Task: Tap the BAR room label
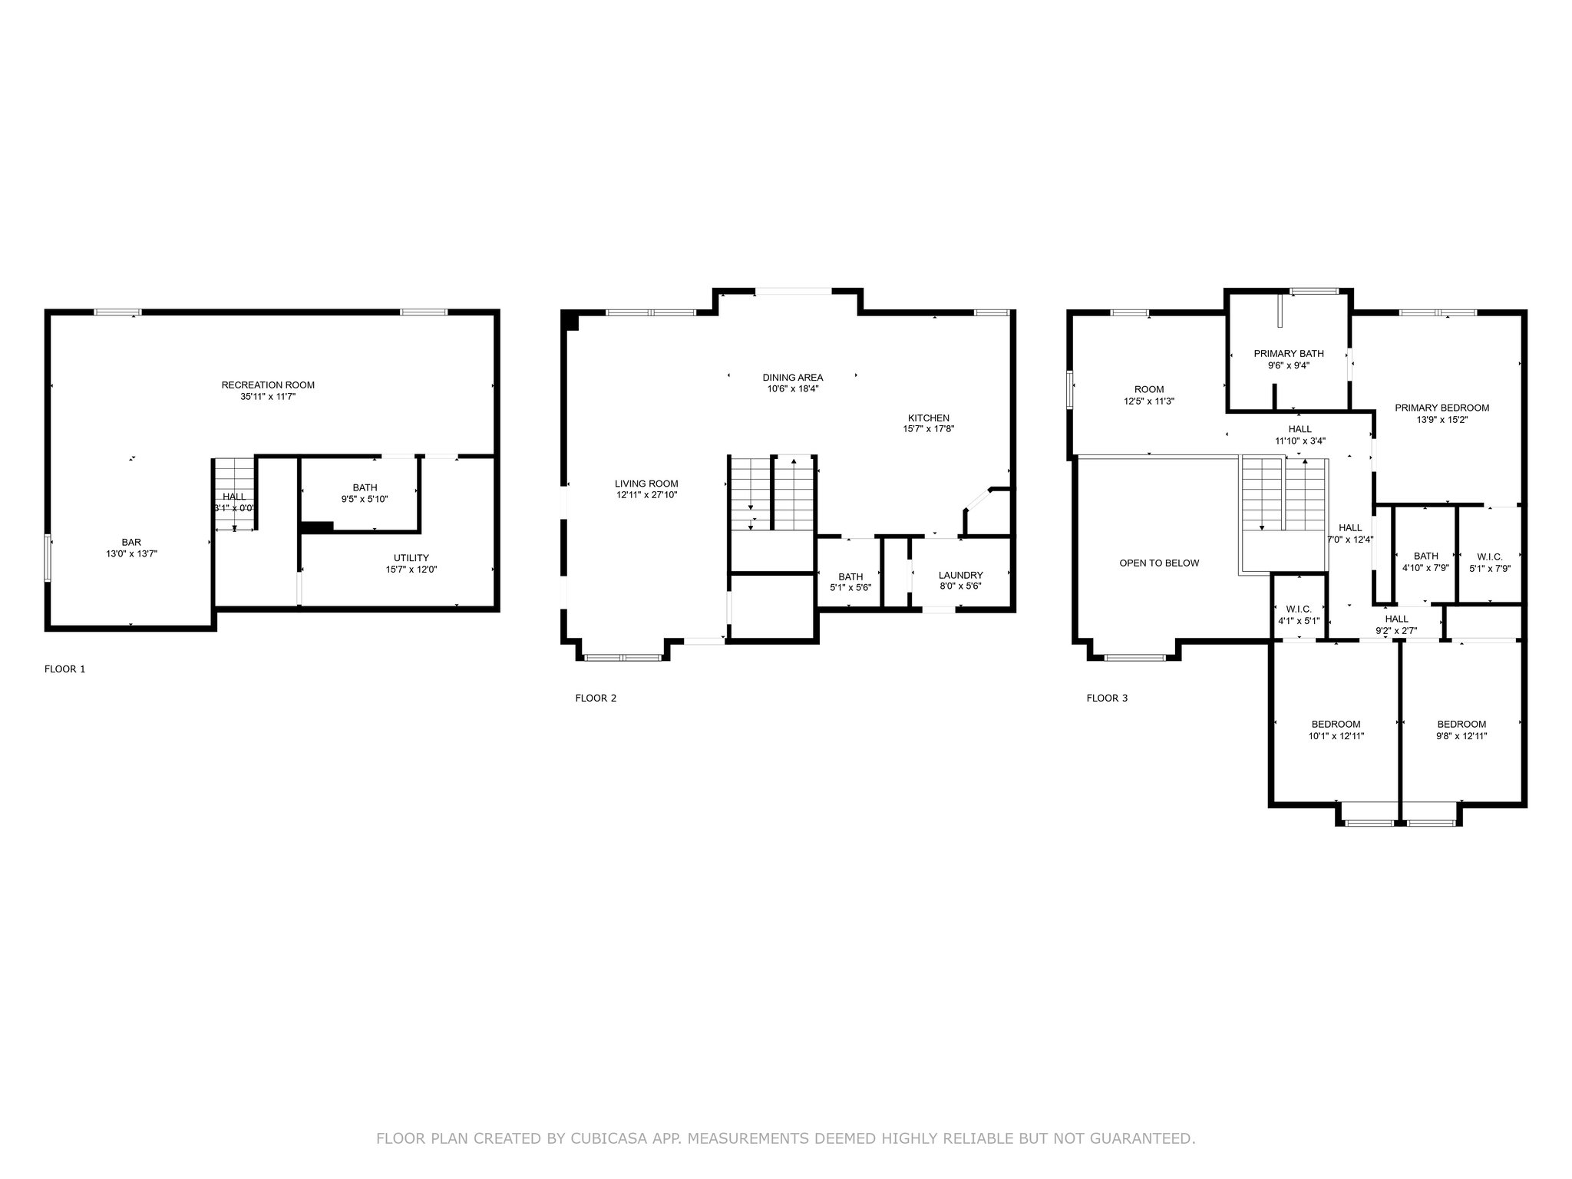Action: (x=131, y=543)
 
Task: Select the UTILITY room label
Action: (x=411, y=558)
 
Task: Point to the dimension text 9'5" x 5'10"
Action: (x=365, y=499)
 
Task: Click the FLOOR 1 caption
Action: (x=65, y=669)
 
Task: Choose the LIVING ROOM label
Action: (x=646, y=484)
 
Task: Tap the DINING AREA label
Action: (x=793, y=378)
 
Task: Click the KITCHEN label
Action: (x=929, y=418)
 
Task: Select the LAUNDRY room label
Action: (x=960, y=575)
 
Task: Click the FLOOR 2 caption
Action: (x=596, y=698)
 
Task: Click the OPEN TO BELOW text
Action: (x=1159, y=563)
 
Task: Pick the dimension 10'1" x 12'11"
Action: (x=1336, y=736)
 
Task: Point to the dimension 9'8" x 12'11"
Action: (x=1461, y=736)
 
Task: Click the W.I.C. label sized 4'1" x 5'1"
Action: (x=1299, y=609)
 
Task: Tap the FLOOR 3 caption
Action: (x=1107, y=698)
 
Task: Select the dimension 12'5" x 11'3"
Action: (x=1149, y=401)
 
